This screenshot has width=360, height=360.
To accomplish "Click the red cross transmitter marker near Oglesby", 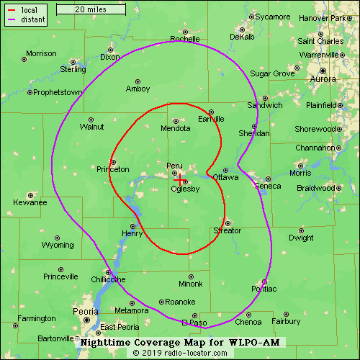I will (180, 179).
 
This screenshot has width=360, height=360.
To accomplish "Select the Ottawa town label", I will (225, 177).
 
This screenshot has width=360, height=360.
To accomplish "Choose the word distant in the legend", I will (34, 19).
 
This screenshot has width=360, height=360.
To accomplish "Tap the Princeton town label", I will (113, 169).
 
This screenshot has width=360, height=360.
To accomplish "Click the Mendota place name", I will (176, 128).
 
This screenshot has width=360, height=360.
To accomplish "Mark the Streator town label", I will (228, 230).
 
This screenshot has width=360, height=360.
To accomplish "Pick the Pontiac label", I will (264, 289).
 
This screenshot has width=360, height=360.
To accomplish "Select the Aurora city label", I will (323, 78).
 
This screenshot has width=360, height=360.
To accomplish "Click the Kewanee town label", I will (30, 202).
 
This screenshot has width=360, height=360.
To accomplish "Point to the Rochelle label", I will (185, 39).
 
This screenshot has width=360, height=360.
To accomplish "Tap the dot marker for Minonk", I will (191, 275).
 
